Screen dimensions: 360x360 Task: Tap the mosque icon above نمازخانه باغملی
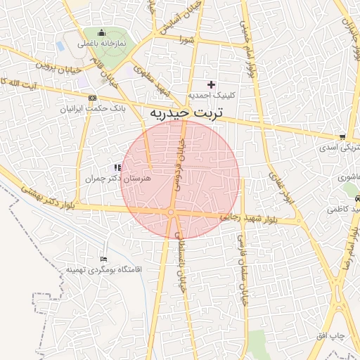[x=101, y=33]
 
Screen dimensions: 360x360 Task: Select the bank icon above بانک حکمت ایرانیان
[x=92, y=98]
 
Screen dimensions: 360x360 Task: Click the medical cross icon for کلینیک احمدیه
[x=210, y=84]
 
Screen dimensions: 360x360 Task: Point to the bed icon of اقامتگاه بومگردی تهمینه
[x=104, y=260]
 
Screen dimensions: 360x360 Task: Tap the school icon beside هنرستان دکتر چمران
[x=117, y=167]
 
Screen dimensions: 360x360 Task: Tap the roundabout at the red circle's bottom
[x=171, y=212]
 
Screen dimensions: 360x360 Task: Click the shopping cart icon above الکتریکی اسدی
[x=342, y=137]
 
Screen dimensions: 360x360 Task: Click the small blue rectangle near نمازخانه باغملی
[x=60, y=46]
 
